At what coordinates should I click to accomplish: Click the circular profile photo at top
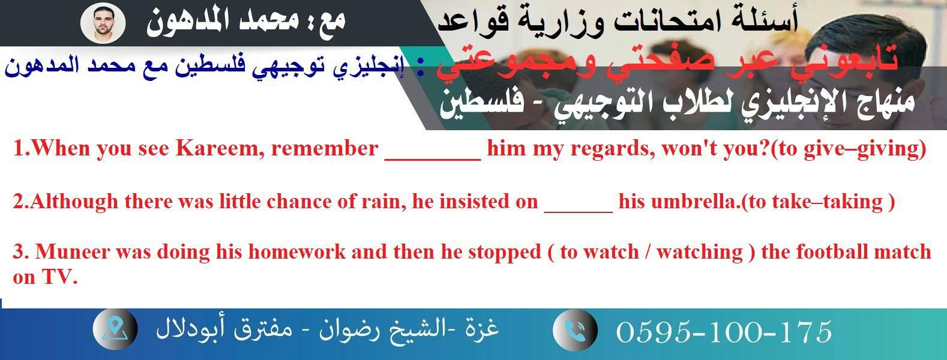103,23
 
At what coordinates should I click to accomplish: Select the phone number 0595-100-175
724,332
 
